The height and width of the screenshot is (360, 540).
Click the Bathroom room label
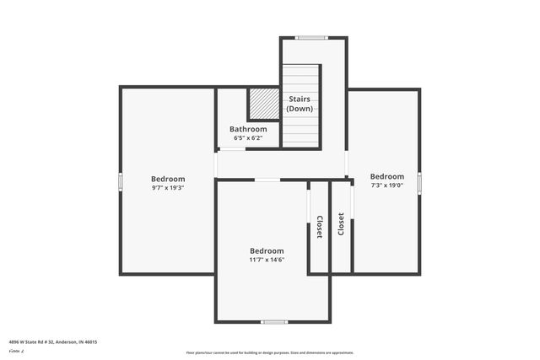point(248,129)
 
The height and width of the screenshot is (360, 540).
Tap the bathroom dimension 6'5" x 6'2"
point(248,137)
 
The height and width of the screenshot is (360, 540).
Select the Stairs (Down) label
point(300,104)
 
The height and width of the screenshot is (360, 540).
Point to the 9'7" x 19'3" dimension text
point(168,188)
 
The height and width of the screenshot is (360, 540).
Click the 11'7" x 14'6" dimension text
point(267,260)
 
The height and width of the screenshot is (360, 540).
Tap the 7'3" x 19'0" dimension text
point(387,185)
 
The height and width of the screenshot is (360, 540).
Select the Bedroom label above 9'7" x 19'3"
point(168,179)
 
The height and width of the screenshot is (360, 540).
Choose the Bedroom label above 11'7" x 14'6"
point(267,250)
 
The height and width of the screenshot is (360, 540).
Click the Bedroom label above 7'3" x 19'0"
point(387,176)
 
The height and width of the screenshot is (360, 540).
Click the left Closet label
point(319,227)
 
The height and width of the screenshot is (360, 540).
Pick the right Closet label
point(341,223)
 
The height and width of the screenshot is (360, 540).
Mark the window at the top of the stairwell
point(310,37)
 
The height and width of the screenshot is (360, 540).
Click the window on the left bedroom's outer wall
point(120,180)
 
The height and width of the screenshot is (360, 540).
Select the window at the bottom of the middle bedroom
point(273,321)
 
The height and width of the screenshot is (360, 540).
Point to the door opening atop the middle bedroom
point(267,179)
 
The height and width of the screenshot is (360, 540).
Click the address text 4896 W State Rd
point(52,341)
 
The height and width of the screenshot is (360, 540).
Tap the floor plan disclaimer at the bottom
point(270,352)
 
